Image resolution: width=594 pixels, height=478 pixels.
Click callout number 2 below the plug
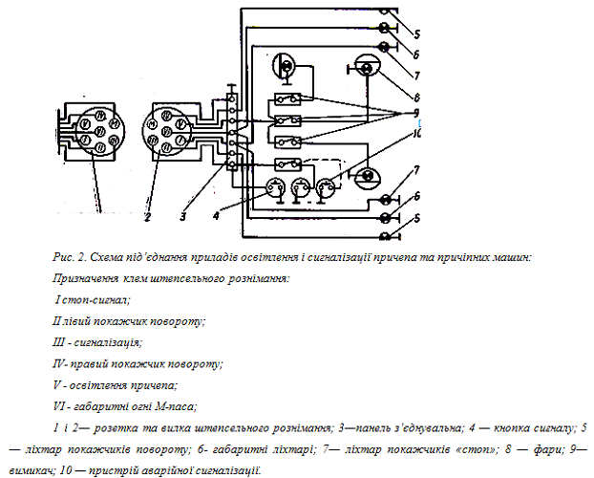(148, 218)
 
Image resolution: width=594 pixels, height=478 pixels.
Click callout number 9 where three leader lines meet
(417, 113)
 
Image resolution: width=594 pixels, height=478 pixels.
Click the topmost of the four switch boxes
(287, 99)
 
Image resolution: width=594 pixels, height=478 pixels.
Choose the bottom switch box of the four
(287, 163)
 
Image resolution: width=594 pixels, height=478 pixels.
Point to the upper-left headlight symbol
(285, 67)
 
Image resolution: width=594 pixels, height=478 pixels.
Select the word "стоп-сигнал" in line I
(95, 299)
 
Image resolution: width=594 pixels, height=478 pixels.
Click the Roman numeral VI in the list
(59, 406)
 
